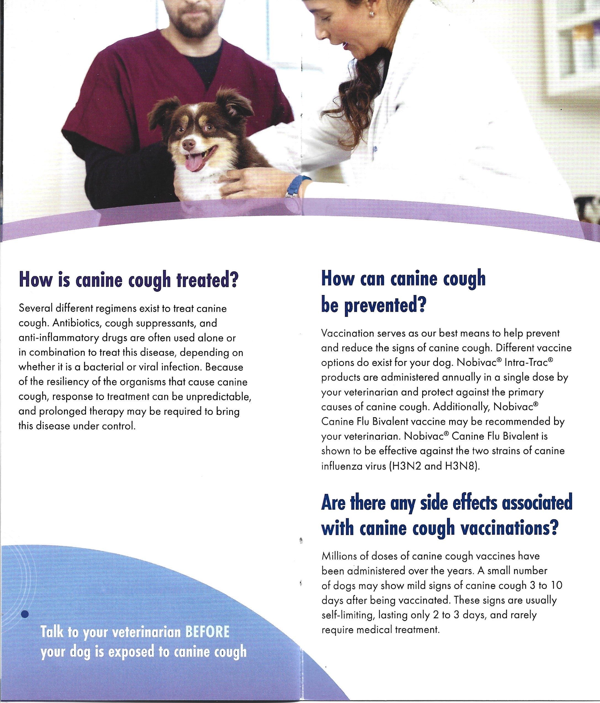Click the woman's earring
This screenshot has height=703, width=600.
tap(372, 14)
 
